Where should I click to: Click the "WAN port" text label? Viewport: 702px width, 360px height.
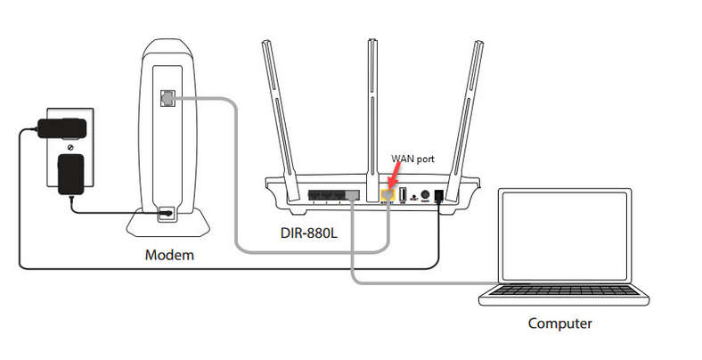pos(412,159)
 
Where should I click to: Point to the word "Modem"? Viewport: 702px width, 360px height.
pos(169,256)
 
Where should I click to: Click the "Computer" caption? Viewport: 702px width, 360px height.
pos(559,323)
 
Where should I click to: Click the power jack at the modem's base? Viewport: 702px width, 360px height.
pos(166,213)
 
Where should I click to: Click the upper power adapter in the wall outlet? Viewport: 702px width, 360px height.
pos(60,124)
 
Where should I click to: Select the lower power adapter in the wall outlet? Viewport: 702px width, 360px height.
pos(69,173)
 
